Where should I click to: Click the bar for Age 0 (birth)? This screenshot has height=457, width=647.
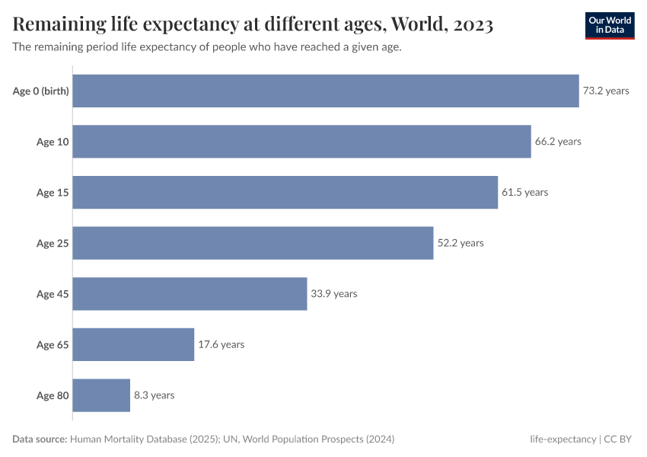[x=326, y=91]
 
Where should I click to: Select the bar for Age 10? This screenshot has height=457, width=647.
[x=301, y=142]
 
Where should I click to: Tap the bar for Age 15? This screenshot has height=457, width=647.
[x=285, y=193]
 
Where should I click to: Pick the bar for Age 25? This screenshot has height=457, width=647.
[x=253, y=243]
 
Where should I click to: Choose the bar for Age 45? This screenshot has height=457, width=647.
[x=190, y=294]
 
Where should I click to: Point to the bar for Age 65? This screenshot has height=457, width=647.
[x=133, y=344]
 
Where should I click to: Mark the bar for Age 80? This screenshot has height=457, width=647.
[x=101, y=395]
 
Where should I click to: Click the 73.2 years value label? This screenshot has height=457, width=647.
[x=606, y=91]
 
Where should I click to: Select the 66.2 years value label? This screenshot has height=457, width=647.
[x=558, y=142]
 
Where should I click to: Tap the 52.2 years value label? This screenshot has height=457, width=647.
[x=461, y=243]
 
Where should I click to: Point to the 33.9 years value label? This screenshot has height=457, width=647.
[x=334, y=294]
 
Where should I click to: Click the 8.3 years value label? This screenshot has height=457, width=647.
[x=155, y=395]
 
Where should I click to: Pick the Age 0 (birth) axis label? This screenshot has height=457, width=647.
[x=41, y=91]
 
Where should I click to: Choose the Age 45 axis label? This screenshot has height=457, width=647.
[x=53, y=294]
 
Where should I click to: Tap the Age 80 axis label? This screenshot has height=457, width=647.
[x=53, y=395]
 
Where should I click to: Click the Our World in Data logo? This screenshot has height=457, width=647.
[x=610, y=25]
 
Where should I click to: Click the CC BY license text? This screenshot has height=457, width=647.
[x=620, y=439]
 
